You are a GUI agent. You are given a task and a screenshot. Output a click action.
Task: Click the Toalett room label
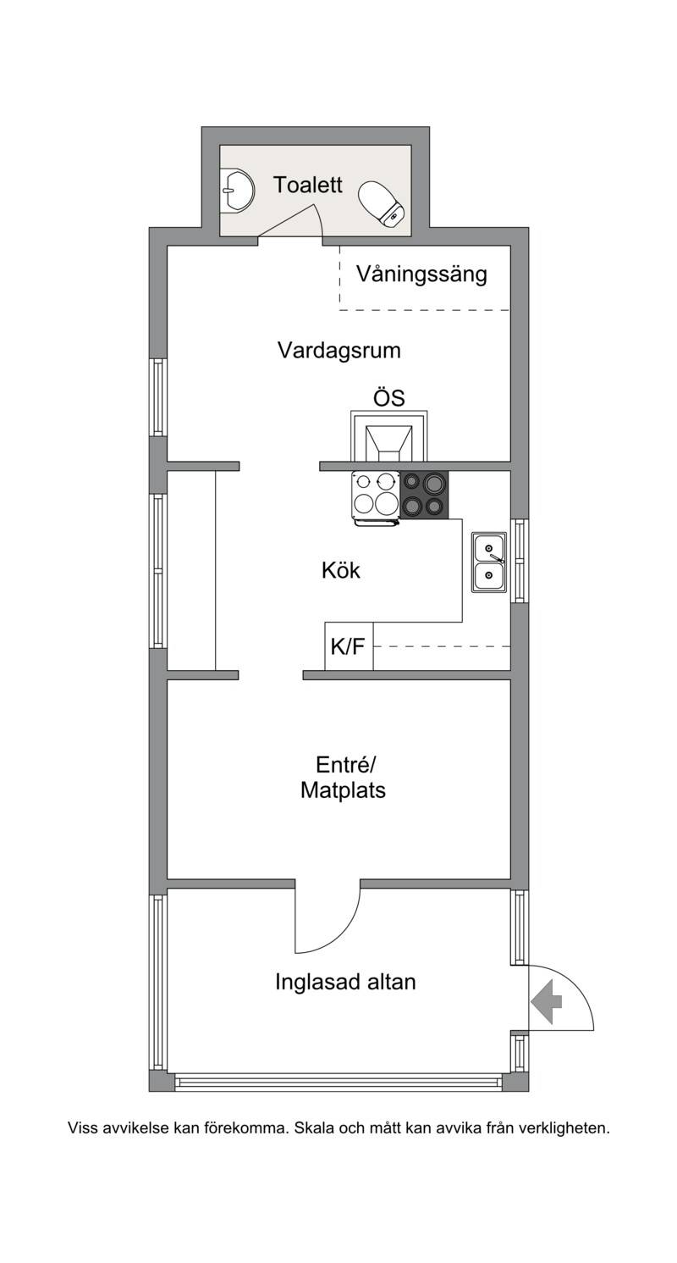(307, 185)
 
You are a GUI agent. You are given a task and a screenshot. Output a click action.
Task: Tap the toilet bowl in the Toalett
(383, 203)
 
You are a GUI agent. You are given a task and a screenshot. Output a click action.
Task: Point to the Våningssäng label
(421, 274)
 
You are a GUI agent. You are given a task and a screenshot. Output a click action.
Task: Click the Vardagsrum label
(339, 350)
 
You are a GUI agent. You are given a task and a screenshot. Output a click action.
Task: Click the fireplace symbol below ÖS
(388, 435)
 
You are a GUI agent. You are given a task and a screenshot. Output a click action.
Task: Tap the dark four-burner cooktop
(425, 495)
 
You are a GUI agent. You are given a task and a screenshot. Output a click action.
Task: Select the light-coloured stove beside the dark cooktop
(376, 496)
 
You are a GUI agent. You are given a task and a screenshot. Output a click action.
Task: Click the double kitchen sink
(489, 562)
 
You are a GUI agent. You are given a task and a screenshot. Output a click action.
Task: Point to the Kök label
(341, 570)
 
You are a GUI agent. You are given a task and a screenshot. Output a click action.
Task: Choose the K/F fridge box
(350, 646)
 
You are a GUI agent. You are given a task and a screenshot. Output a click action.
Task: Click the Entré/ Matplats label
(343, 778)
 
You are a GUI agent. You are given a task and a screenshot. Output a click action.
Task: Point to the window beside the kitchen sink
(520, 561)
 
